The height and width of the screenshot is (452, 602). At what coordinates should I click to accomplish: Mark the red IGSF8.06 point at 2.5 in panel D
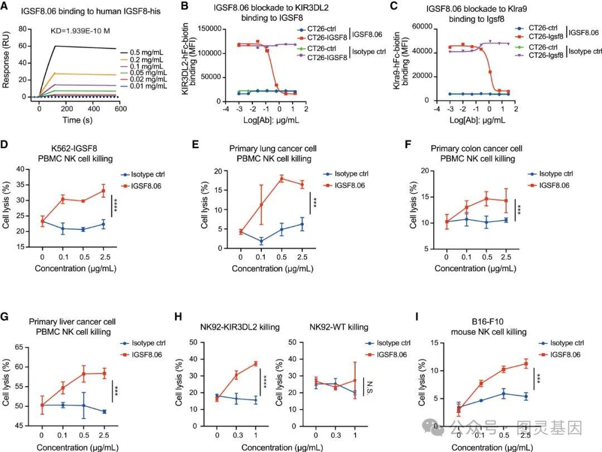(x=103, y=191)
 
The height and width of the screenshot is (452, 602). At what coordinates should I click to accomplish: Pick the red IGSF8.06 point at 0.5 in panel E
(x=281, y=178)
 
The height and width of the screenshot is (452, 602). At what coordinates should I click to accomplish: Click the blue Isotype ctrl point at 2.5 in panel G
(x=104, y=411)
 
